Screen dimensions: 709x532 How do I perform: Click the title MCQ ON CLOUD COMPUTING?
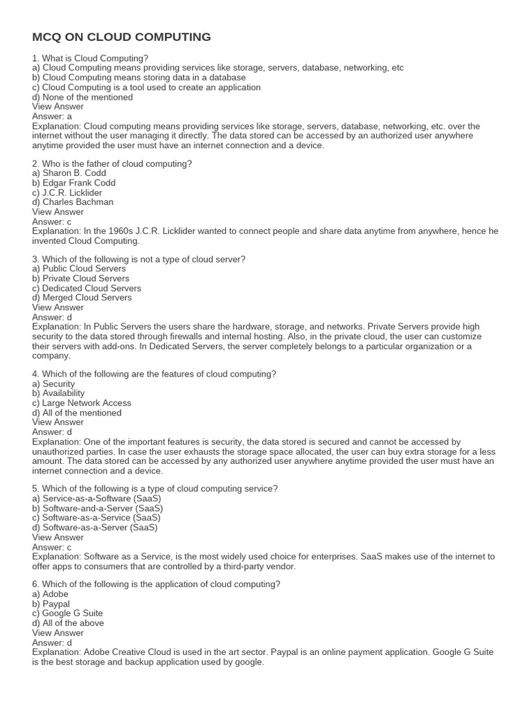121,37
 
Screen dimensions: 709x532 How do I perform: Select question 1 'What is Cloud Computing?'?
90,58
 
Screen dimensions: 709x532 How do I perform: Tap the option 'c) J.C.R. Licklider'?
67,192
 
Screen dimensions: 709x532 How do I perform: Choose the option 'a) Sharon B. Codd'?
70,173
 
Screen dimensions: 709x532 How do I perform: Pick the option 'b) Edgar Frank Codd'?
73,183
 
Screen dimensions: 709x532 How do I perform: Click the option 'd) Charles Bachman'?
73,202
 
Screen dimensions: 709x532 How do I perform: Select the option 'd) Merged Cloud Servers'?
82,298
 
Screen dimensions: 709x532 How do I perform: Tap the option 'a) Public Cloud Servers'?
79,269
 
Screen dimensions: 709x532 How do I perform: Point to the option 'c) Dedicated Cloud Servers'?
87,288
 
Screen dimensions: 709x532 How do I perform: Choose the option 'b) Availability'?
58,393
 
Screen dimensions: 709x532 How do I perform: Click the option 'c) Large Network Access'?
82,403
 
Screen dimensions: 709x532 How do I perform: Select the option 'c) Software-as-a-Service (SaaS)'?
96,518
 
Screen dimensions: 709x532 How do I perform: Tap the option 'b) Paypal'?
51,604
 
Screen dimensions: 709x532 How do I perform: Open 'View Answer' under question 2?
58,212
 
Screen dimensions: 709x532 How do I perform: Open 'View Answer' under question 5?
58,537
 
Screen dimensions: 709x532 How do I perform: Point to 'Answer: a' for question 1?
52,116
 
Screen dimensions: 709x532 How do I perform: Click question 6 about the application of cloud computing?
156,584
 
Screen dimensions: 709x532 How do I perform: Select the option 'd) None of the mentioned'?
82,97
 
